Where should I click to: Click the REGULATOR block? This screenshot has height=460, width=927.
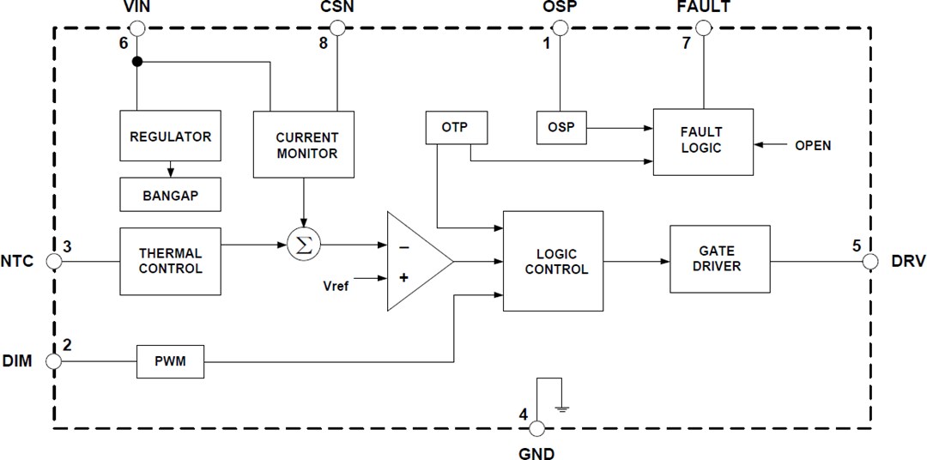(x=170, y=136)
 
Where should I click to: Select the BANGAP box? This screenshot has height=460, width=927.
(x=170, y=195)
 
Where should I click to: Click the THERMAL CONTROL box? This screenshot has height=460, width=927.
(x=170, y=260)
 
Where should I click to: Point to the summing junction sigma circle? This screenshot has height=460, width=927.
(x=303, y=245)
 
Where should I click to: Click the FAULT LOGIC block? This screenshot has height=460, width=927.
(x=702, y=141)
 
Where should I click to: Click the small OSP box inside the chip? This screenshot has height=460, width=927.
(x=560, y=128)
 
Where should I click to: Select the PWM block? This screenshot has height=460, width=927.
(x=171, y=362)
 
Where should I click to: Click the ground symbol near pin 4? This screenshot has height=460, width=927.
(x=562, y=407)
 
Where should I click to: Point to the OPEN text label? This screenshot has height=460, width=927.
(x=812, y=145)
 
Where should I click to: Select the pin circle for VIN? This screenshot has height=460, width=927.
(x=136, y=27)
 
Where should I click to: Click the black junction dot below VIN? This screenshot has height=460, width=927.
(x=136, y=63)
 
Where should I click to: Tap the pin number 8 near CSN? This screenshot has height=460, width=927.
(x=324, y=43)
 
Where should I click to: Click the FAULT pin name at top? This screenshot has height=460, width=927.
(x=702, y=8)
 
